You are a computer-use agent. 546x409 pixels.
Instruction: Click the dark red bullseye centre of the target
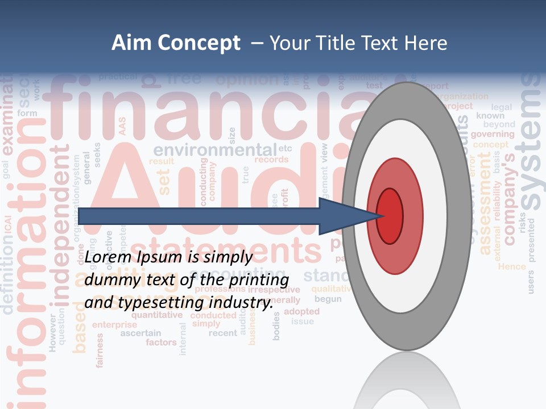tap(390, 216)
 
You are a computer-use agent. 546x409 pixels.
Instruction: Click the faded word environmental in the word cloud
tap(215, 151)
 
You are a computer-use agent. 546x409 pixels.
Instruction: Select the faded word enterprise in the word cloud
tap(115, 325)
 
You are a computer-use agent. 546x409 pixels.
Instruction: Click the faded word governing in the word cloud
tap(493, 135)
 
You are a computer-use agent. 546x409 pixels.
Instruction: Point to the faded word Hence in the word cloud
tap(512, 266)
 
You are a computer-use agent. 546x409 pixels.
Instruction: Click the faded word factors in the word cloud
tap(161, 343)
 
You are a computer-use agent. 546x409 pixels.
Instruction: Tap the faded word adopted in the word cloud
tap(301, 311)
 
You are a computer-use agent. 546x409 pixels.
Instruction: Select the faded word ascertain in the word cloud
tap(140, 333)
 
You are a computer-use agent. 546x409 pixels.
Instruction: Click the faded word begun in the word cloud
tap(328, 299)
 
